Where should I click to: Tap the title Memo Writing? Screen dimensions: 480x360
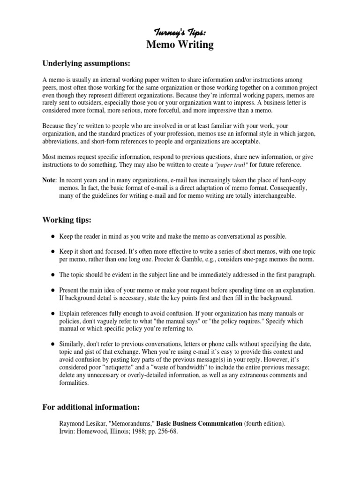(x=180, y=45)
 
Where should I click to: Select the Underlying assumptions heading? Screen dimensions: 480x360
(x=86, y=63)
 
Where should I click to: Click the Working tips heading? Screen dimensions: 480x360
(x=67, y=220)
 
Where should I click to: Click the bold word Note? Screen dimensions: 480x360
(x=49, y=180)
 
